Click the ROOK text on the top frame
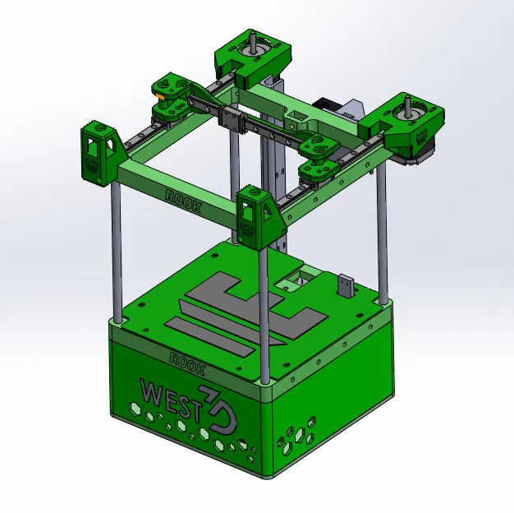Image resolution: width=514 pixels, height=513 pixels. point(183,198)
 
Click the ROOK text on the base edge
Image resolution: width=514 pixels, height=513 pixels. point(186,358)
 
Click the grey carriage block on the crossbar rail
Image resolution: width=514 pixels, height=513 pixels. point(236,121)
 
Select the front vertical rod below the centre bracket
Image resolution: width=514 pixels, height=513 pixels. point(264,312)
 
